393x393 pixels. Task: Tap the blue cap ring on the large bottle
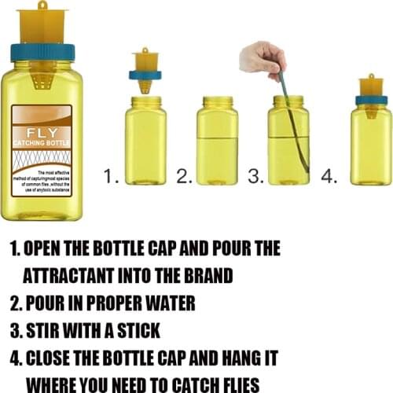[x=42, y=52]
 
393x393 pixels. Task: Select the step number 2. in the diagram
[x=184, y=177]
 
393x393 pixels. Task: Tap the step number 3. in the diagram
[x=256, y=177]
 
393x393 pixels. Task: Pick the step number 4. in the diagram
[x=329, y=177]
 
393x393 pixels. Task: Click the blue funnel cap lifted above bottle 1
[x=145, y=75]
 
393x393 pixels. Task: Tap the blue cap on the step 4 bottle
[x=371, y=100]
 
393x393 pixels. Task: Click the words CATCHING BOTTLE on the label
[x=42, y=144]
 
